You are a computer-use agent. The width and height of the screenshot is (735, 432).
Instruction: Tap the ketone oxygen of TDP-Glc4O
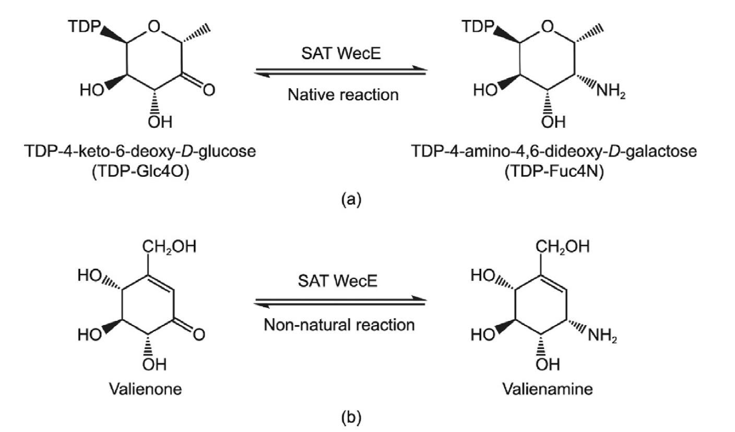pos(208,90)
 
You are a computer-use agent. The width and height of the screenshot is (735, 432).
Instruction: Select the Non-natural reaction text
pos(340,325)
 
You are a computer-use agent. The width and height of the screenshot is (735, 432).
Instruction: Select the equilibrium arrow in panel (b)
pos(340,303)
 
